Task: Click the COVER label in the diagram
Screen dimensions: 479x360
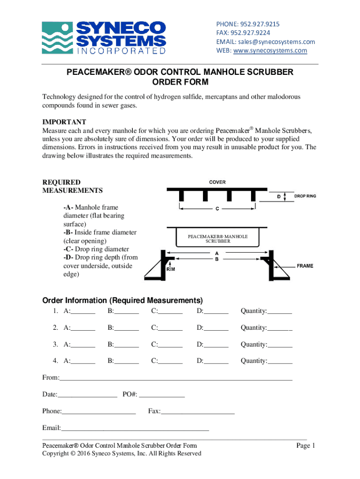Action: [x=217, y=182]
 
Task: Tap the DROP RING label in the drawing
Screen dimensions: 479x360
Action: [x=305, y=196]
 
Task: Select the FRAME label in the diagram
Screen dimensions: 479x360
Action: [x=305, y=266]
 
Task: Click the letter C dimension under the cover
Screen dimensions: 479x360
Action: [x=217, y=209]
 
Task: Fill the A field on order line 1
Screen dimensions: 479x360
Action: [x=83, y=312]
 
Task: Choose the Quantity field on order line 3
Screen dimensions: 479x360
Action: [x=280, y=345]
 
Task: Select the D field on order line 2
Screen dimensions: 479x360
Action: [x=216, y=328]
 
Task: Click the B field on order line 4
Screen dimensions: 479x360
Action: [x=126, y=361]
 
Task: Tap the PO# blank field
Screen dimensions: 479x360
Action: [x=162, y=395]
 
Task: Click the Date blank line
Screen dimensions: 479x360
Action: [x=87, y=395]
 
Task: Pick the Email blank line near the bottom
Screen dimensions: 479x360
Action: [x=135, y=428]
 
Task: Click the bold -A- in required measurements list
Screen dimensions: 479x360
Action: [x=68, y=207]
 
